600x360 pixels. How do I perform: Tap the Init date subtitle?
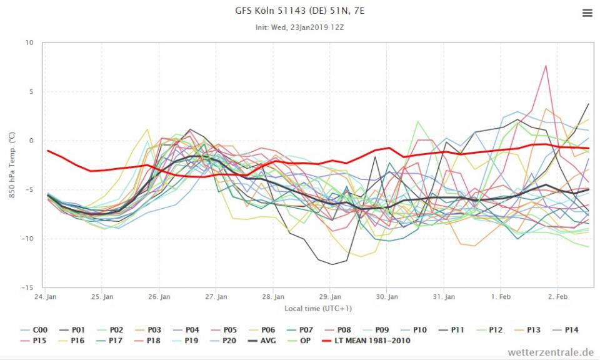(299, 27)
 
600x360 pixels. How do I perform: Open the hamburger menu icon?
(587, 13)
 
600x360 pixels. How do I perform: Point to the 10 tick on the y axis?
(29, 42)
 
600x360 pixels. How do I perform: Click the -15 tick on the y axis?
(27, 287)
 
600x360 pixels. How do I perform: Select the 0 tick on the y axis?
(31, 141)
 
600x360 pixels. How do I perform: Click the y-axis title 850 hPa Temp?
(12, 165)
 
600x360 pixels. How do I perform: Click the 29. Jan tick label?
(331, 297)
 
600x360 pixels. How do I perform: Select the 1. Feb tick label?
(501, 297)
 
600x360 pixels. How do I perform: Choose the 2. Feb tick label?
(557, 297)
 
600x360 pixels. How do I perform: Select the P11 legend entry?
(454, 329)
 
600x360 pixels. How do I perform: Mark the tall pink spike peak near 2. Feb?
(546, 66)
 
